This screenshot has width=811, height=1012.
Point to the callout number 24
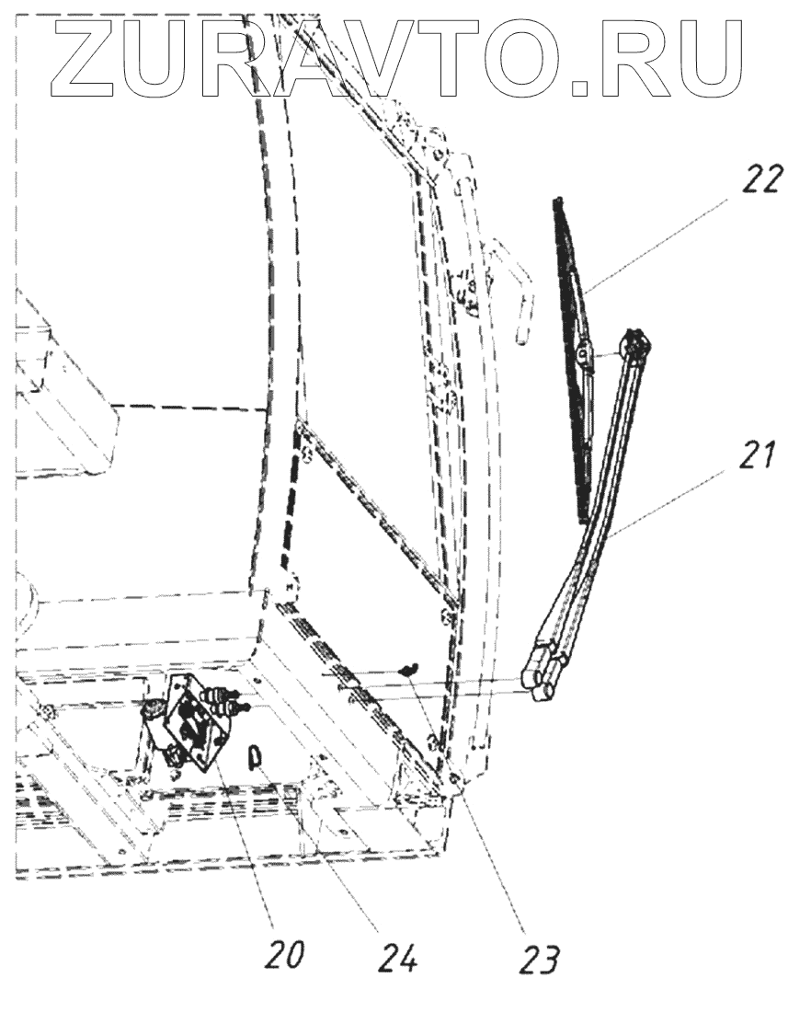click(x=397, y=958)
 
